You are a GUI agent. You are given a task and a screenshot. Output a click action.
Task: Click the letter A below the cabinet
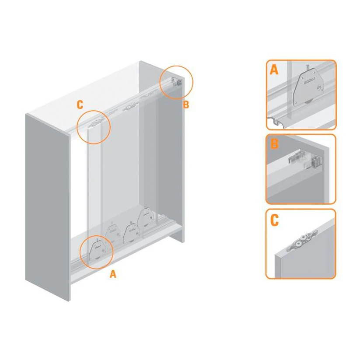[113, 274]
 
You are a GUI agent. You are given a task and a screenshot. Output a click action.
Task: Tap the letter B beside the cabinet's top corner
[186, 105]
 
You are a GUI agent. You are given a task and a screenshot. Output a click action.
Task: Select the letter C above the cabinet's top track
[80, 105]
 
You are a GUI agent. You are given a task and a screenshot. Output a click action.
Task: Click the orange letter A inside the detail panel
[274, 70]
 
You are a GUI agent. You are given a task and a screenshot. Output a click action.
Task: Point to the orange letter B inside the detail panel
[274, 143]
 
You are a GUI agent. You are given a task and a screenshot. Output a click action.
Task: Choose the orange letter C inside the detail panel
[274, 220]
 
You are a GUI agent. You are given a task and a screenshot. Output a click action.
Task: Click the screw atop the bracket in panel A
[308, 69]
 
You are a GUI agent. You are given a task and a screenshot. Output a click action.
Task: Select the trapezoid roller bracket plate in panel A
[308, 88]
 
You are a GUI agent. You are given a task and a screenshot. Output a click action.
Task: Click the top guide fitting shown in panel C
[303, 240]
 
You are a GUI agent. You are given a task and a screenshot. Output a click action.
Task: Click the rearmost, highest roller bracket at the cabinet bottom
[146, 217]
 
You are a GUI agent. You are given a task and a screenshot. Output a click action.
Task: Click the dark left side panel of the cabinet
[47, 206]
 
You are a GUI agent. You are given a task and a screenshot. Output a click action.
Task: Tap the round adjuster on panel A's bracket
[319, 87]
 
